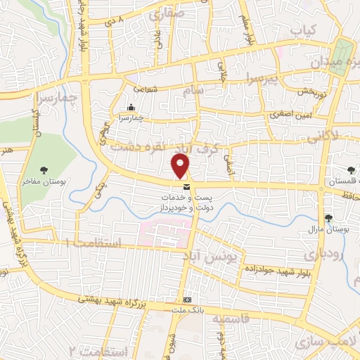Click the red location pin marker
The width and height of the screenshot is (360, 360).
click(181, 166)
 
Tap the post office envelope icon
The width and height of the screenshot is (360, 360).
click(186, 187)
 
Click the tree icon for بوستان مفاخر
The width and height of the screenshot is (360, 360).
click(44, 170)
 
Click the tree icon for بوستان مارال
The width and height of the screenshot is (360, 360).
click(329, 217)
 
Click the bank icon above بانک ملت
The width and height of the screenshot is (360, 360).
click(187, 300)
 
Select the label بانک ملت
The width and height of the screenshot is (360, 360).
click(187, 310)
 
